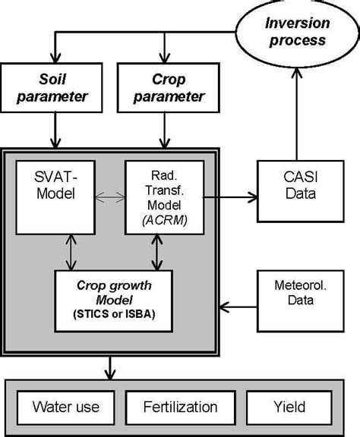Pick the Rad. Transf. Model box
pos(165,196)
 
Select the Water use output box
pos(64,407)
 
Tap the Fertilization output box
pos(179,407)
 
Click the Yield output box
pos(289,407)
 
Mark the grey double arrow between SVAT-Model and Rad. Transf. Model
pos(112,196)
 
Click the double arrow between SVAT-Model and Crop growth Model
pos(70,252)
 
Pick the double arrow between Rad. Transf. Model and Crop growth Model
pos(157,252)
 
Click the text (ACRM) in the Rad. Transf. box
pos(163,221)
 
